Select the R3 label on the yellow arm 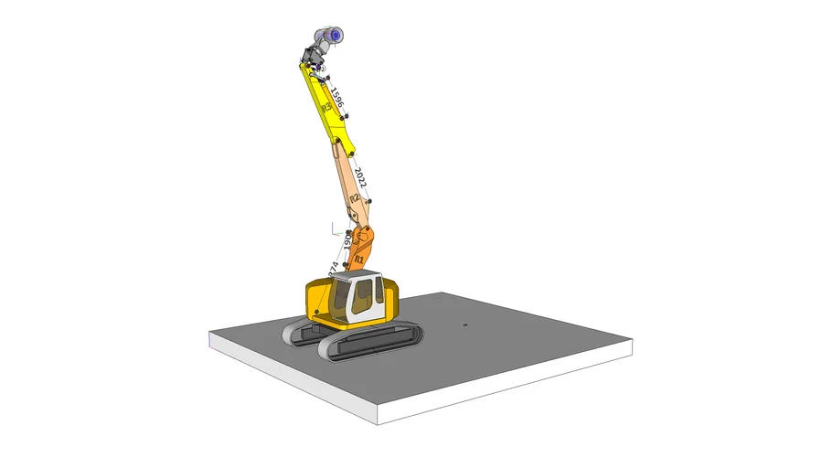326,109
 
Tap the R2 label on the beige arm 355,198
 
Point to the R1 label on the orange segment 358,261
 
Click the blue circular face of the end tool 336,35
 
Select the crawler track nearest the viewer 370,346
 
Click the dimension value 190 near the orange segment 348,243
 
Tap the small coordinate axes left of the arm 335,226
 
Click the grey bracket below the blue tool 314,60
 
